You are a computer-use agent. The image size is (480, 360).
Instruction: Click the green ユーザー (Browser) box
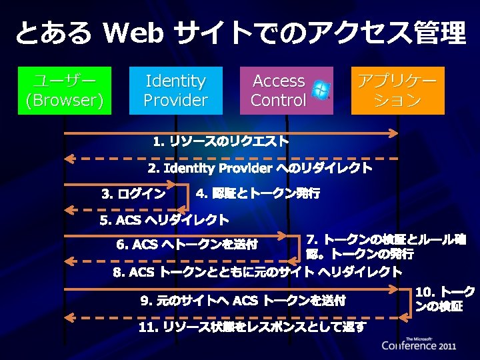(x=64, y=91)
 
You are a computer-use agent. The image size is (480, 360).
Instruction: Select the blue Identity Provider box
(x=175, y=91)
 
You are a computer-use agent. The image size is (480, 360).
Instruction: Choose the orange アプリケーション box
(x=397, y=91)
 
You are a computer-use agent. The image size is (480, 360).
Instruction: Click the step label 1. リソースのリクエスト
(x=220, y=141)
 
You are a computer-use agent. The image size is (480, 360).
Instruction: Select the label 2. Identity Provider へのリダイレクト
(x=259, y=168)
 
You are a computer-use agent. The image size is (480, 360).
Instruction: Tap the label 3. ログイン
(x=133, y=194)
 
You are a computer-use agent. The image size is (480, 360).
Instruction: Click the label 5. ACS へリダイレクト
(x=163, y=220)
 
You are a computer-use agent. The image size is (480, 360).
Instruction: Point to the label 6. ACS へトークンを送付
(x=187, y=245)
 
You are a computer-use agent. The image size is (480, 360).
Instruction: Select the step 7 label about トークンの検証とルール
(x=385, y=247)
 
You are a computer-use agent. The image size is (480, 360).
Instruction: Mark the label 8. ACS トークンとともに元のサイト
(x=257, y=272)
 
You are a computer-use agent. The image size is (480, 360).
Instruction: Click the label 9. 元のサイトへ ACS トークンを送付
(x=243, y=301)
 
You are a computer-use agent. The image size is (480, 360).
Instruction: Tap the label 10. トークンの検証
(x=445, y=299)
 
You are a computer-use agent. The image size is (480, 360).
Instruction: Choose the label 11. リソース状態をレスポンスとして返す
(x=252, y=327)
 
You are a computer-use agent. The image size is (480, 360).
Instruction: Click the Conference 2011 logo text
(x=419, y=345)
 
